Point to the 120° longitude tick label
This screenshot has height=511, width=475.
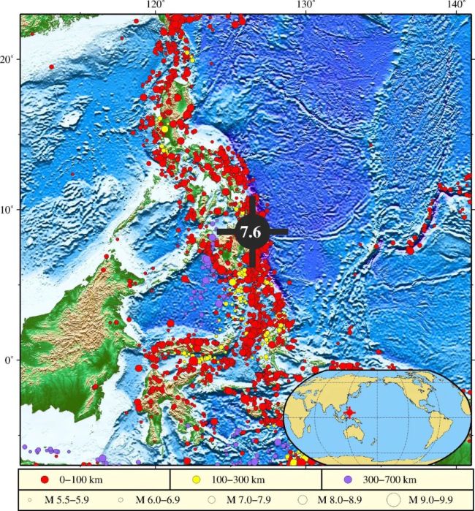[156, 5]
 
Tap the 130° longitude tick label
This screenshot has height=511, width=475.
[305, 5]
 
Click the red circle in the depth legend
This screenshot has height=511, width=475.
[44, 480]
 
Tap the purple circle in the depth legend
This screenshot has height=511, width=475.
[349, 480]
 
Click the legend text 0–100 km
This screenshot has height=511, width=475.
[81, 480]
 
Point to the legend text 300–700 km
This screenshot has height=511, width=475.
[388, 480]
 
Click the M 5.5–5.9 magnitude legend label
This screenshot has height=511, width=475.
[54, 500]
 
